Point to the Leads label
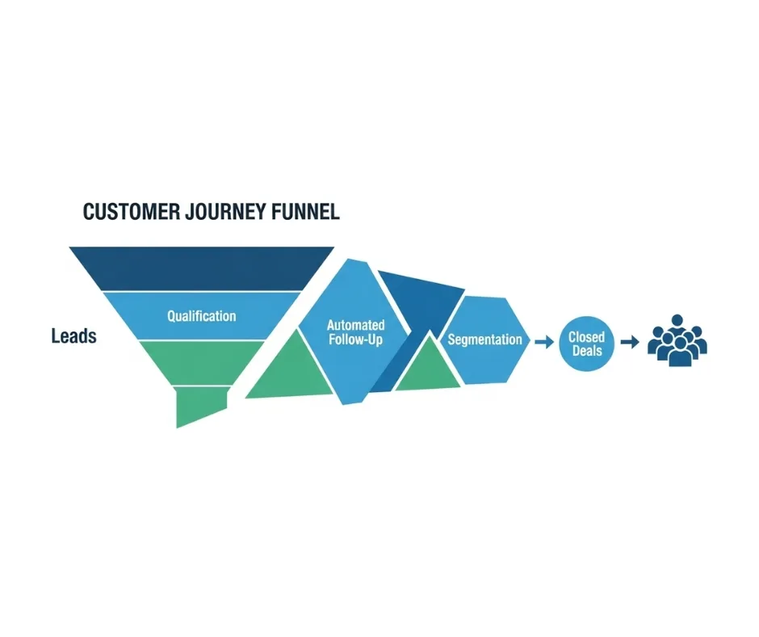(x=73, y=336)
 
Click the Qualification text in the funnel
(x=202, y=316)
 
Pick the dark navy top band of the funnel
(x=202, y=268)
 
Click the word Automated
(x=355, y=326)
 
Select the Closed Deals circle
(x=586, y=344)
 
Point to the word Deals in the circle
(x=586, y=351)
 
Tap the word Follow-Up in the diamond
(x=356, y=340)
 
